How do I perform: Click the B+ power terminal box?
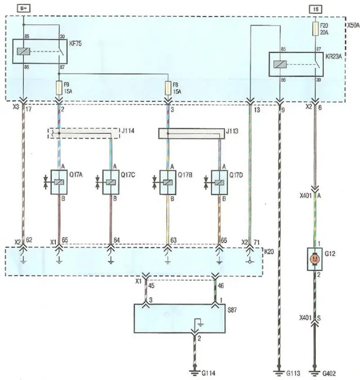(x=23, y=9)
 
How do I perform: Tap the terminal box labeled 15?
(x=315, y=9)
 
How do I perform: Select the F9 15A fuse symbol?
(x=59, y=88)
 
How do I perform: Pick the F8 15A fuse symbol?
(x=168, y=88)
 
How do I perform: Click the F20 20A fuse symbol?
(x=315, y=29)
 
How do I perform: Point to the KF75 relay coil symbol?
(x=23, y=51)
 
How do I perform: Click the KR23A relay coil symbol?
(x=280, y=64)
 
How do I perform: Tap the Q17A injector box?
(x=59, y=182)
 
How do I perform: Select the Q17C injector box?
(x=111, y=182)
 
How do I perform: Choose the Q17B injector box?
(x=168, y=182)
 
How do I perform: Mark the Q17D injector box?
(x=219, y=182)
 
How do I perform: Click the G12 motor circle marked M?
(x=315, y=259)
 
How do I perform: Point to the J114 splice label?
(x=128, y=131)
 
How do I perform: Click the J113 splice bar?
(x=191, y=134)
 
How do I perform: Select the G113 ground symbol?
(x=279, y=372)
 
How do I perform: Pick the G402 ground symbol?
(x=315, y=372)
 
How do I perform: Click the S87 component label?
(x=232, y=310)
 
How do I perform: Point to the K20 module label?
(x=269, y=252)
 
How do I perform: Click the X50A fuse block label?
(x=353, y=25)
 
